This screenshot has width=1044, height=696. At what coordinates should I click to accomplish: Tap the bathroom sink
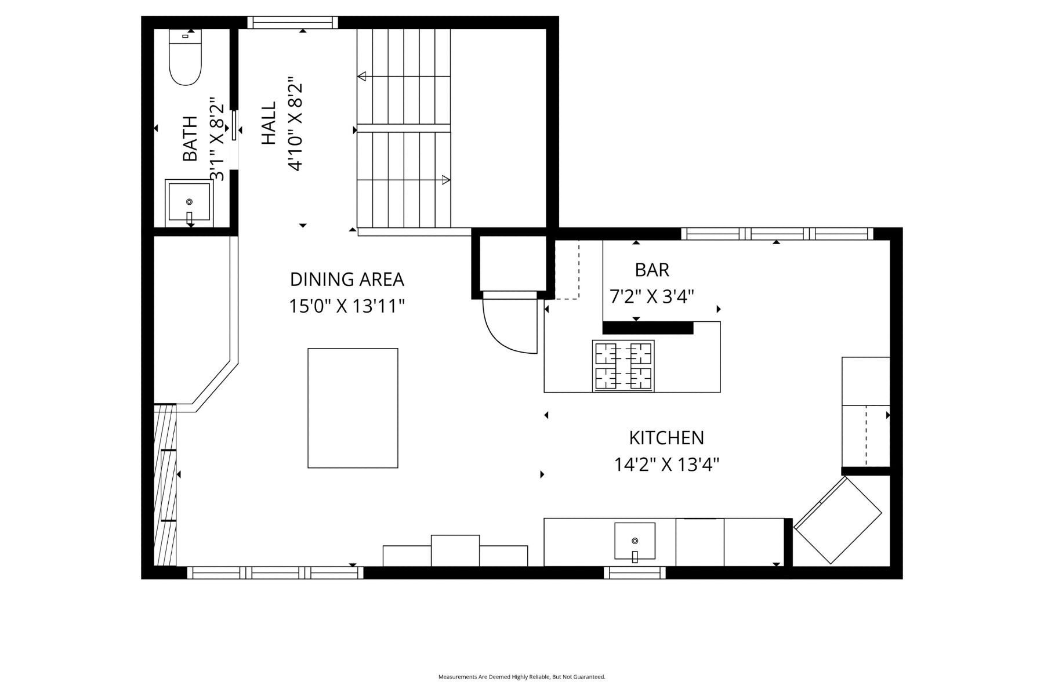(x=189, y=203)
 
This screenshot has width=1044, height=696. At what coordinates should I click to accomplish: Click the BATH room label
(x=190, y=139)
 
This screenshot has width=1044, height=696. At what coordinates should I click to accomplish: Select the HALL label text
(x=269, y=124)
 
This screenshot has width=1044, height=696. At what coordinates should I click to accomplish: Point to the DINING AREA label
(x=347, y=280)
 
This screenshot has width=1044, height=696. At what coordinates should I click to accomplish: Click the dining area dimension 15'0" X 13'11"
(x=347, y=306)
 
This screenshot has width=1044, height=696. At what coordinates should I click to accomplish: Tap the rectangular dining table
(x=353, y=408)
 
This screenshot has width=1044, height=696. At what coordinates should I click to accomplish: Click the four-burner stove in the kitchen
(x=623, y=366)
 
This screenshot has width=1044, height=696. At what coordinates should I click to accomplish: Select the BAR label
(x=652, y=270)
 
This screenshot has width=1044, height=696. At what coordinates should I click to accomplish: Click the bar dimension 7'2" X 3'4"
(x=652, y=296)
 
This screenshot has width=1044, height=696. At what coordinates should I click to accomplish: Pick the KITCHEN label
(x=667, y=437)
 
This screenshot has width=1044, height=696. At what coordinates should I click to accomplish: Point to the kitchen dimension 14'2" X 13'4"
(x=667, y=464)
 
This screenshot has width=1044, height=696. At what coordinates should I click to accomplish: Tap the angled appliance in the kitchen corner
(x=838, y=520)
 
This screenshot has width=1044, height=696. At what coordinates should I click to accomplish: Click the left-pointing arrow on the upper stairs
(x=362, y=76)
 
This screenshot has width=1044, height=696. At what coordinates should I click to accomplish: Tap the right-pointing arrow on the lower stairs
(x=446, y=180)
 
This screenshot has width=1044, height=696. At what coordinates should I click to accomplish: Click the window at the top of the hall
(x=293, y=23)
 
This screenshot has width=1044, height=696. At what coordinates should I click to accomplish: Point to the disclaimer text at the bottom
(x=522, y=677)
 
